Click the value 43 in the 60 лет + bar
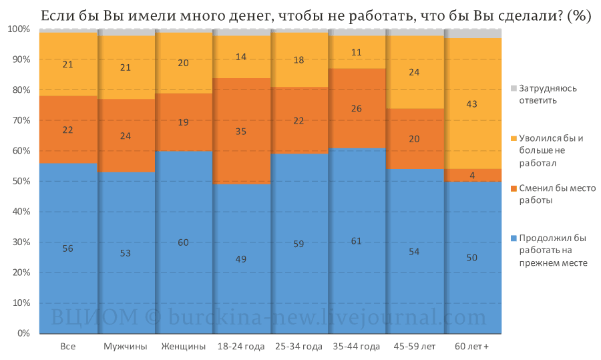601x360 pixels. pos(471,104)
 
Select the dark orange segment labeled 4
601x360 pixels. pos(473,175)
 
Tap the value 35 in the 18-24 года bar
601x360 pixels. pos(240,132)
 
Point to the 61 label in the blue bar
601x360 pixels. pos(356,241)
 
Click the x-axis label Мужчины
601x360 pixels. pos(126,347)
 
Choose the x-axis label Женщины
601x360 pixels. pos(183,347)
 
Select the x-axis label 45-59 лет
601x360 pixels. pos(414,347)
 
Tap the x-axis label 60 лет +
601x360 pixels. pos(472,347)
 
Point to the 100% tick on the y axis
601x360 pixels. pos(19,29)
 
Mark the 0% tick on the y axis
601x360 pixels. pos(23,333)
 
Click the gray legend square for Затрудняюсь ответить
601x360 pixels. pos(514,89)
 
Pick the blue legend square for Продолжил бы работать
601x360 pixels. pos(514,238)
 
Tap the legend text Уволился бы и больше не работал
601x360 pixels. pos(551,151)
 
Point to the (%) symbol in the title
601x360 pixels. pos(580,16)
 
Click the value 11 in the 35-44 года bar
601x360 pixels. pos(356,53)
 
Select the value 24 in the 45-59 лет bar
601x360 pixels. pos(414,72)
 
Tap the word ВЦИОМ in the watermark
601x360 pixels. pos(94,317)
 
